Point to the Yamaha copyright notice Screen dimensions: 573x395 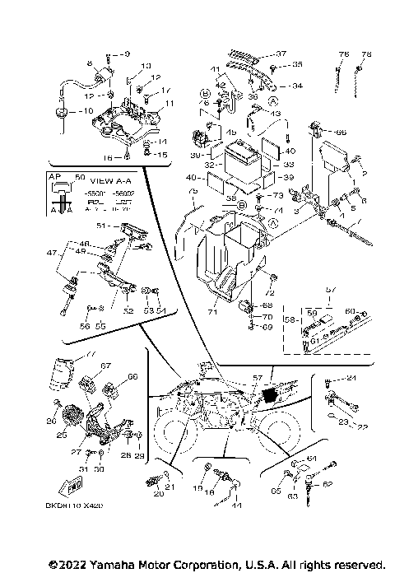[x=216, y=564]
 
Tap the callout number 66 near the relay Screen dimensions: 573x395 [x=341, y=131]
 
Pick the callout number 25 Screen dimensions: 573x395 [x=61, y=434]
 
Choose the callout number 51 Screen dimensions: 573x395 [x=101, y=224]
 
